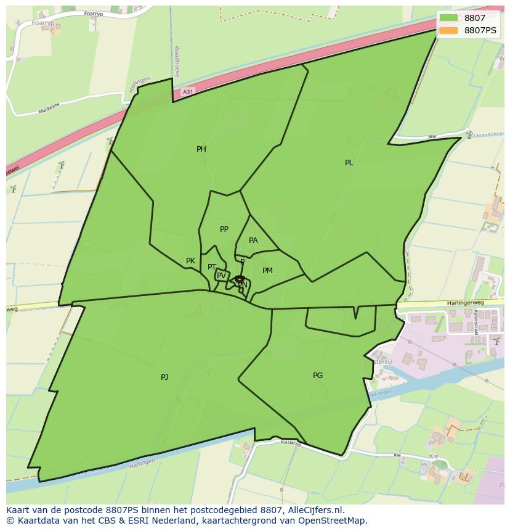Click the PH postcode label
[201, 149]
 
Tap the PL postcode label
[349, 163]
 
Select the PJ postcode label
[164, 377]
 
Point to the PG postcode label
[318, 375]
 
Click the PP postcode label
[224, 229]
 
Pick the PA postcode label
[253, 241]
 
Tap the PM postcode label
[267, 271]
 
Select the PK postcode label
[191, 261]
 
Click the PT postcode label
[212, 267]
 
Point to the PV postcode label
[221, 276]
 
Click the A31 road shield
[188, 92]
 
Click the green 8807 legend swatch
[449, 19]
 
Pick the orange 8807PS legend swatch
[449, 30]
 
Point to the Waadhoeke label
[177, 60]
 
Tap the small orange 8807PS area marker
[240, 279]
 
